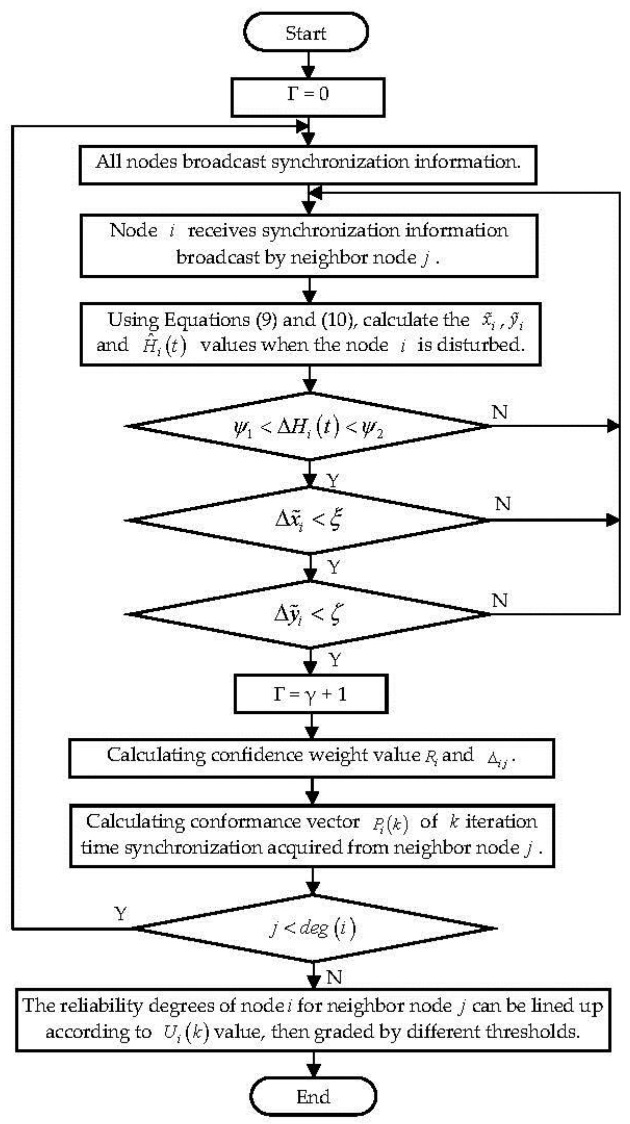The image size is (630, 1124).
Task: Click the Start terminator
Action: [305, 33]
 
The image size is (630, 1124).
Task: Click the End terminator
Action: [313, 1096]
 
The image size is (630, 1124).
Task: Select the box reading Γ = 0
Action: [308, 97]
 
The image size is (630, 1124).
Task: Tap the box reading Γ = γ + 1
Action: [311, 694]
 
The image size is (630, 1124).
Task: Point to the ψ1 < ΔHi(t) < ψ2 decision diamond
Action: [309, 426]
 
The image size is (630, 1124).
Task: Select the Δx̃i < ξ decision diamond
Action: [309, 520]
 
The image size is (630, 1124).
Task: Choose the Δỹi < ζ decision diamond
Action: [309, 614]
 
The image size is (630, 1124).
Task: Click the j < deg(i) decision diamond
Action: [313, 928]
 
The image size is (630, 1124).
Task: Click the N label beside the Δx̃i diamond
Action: [503, 504]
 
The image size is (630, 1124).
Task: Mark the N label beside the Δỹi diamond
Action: [500, 600]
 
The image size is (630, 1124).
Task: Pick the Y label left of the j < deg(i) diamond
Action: [120, 913]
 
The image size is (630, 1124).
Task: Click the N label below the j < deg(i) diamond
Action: [334, 977]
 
